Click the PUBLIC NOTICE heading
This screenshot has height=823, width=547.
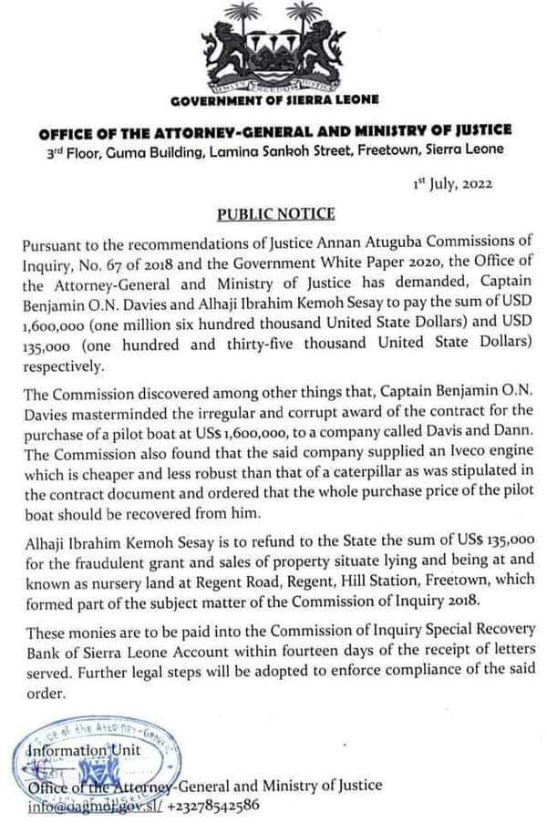(x=275, y=215)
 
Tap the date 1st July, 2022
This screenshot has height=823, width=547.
(x=454, y=182)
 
